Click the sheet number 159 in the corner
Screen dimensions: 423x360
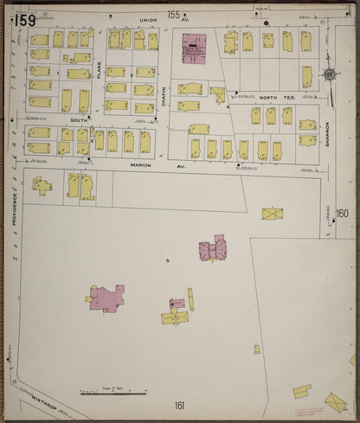point(24,19)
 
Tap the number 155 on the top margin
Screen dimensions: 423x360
point(174,14)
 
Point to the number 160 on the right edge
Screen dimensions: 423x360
point(342,213)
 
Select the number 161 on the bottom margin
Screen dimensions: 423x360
point(179,405)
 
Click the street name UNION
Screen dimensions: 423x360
point(147,19)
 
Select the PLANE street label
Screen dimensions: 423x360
point(99,69)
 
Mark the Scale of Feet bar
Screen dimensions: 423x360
point(114,394)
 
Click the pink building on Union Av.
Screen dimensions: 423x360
point(195,45)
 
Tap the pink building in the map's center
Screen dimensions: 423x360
point(212,250)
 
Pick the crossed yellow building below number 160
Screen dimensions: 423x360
point(273,213)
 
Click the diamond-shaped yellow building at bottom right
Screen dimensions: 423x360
point(334,401)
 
